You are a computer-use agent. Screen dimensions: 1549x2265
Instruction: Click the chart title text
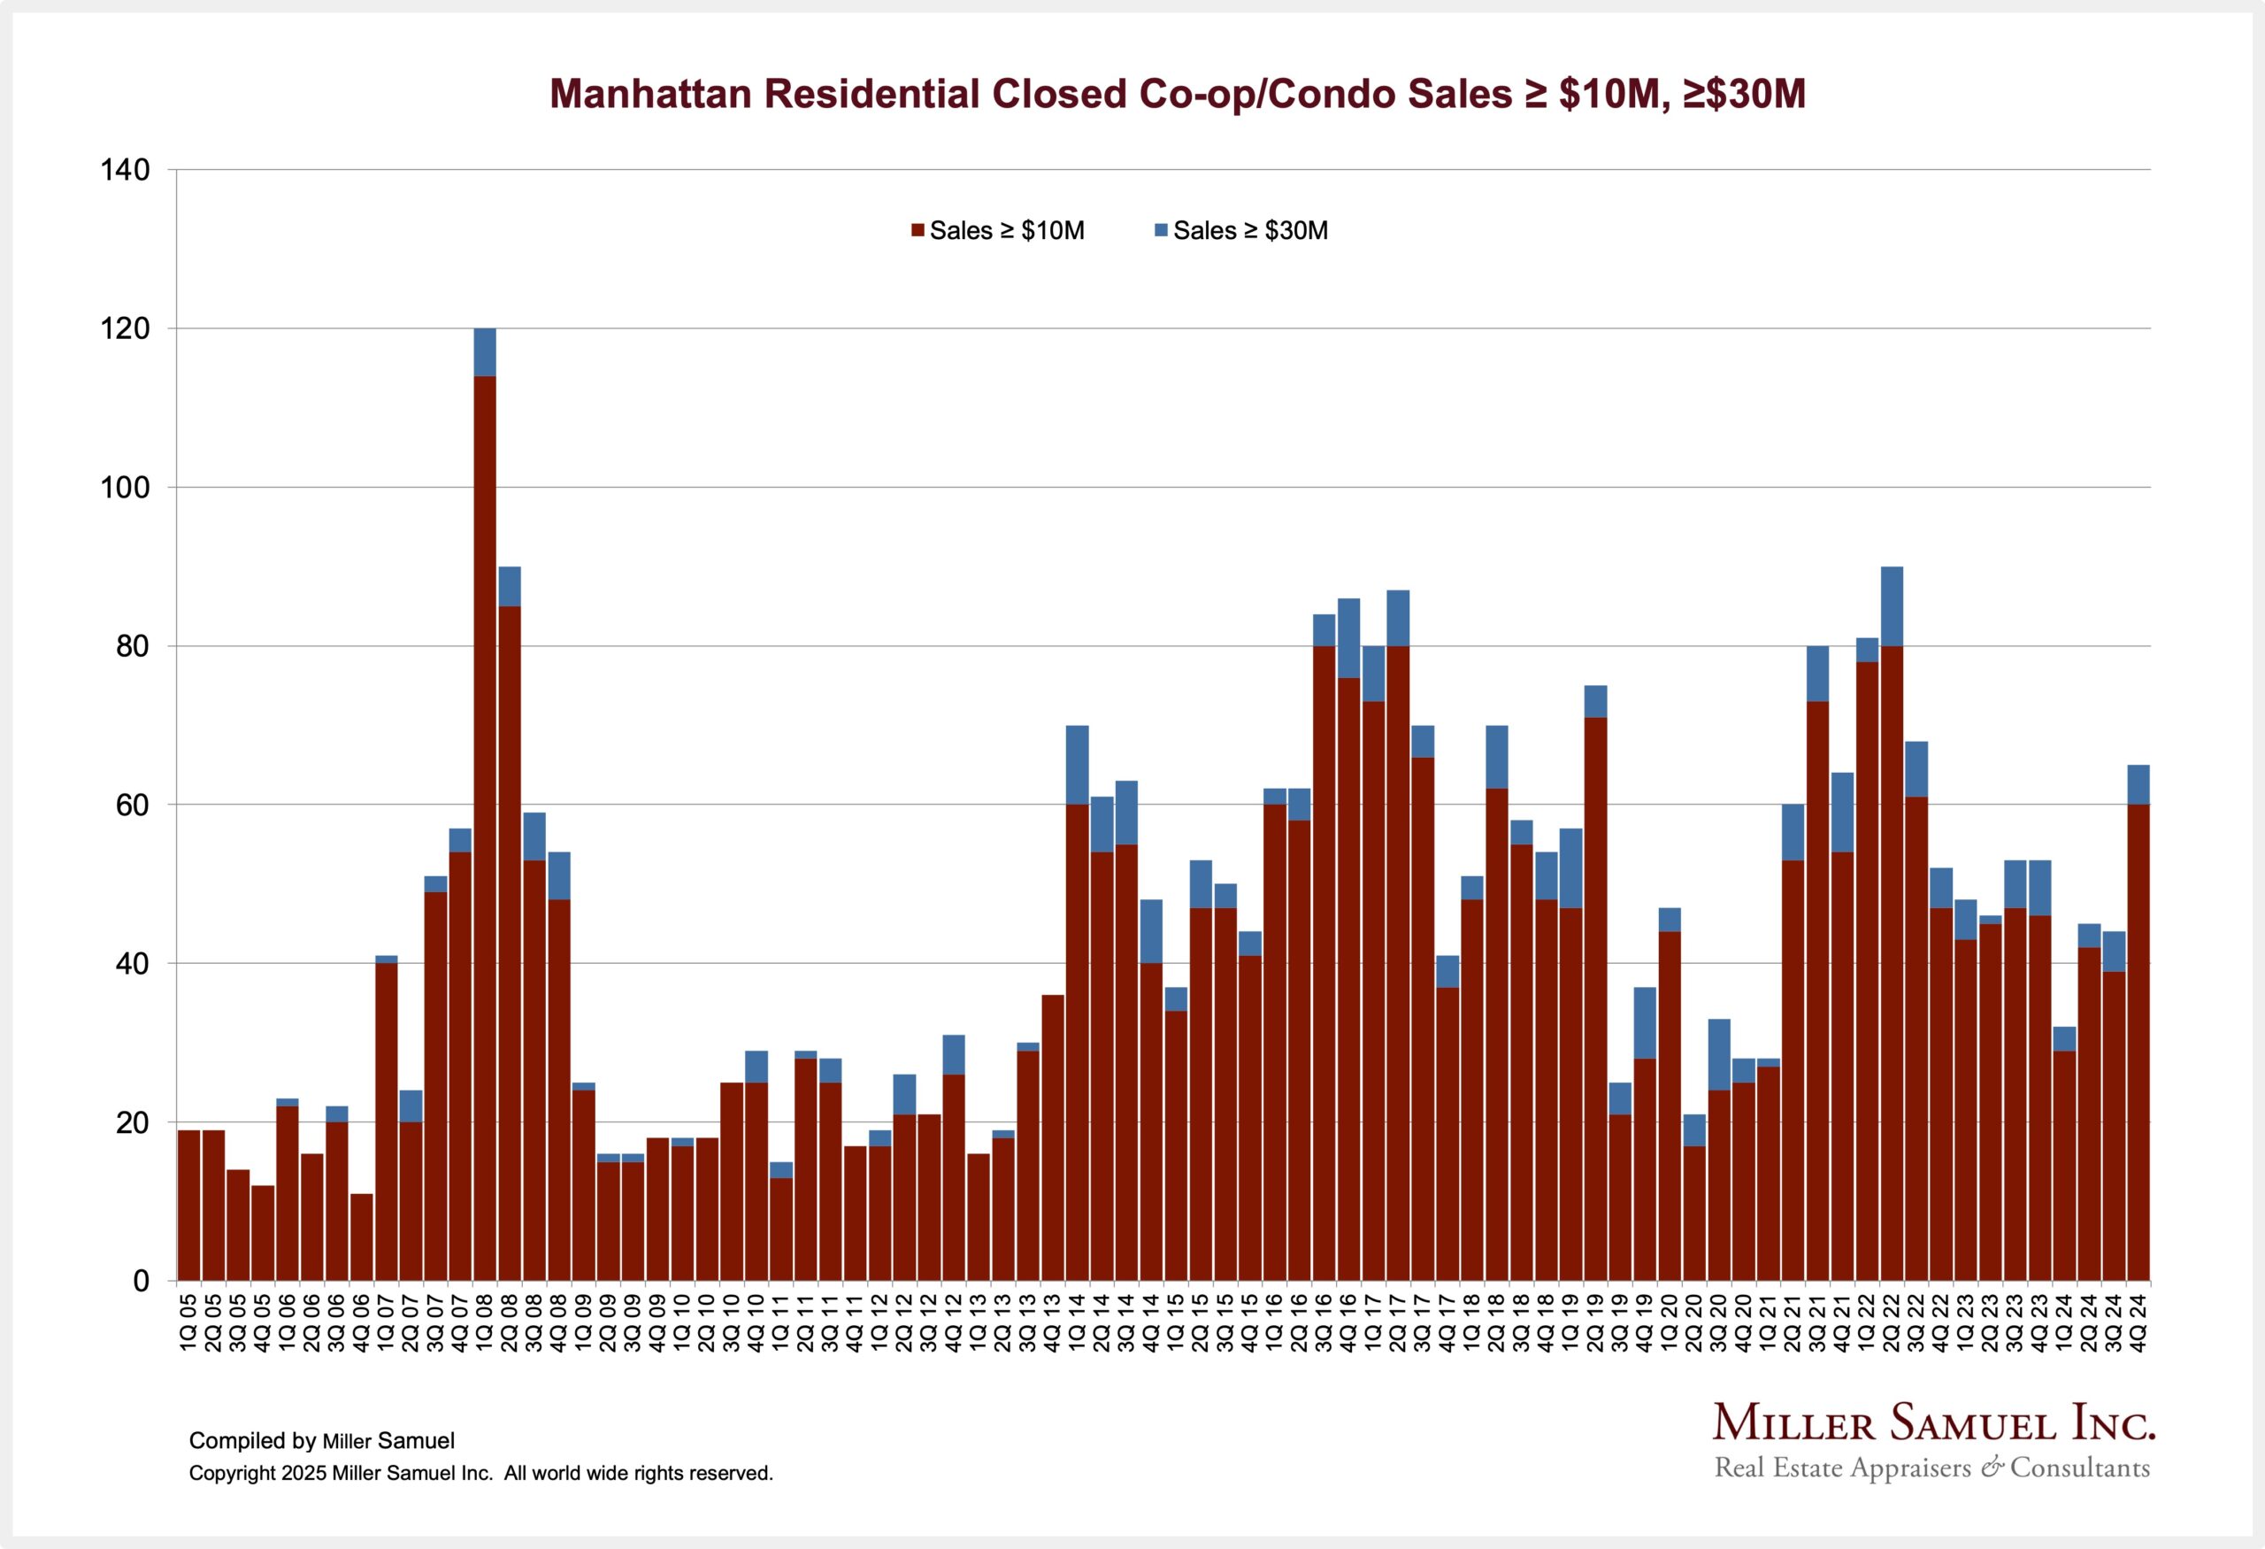pyautogui.click(x=1178, y=95)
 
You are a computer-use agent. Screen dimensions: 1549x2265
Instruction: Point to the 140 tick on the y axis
pyautogui.click(x=126, y=171)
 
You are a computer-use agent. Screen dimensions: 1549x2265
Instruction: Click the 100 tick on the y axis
pyautogui.click(x=126, y=488)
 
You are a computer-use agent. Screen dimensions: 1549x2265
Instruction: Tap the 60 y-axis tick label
pyautogui.click(x=133, y=805)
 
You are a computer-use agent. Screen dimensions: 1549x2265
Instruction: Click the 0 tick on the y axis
pyautogui.click(x=142, y=1281)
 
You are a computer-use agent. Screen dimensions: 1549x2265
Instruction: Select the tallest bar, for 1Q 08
pyautogui.click(x=484, y=828)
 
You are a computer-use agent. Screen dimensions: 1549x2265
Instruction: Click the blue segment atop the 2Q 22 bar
pyautogui.click(x=1892, y=605)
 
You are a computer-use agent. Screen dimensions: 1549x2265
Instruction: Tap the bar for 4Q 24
pyautogui.click(x=2138, y=1043)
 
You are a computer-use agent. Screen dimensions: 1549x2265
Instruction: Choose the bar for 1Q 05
pyautogui.click(x=189, y=1205)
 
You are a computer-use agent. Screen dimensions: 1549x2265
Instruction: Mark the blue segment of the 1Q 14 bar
pyautogui.click(x=1077, y=766)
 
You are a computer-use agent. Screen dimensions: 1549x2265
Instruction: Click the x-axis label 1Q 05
pyautogui.click(x=189, y=1322)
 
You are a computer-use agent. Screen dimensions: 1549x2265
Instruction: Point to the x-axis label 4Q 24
pyautogui.click(x=2138, y=1322)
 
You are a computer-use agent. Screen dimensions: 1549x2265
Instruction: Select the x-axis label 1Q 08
pyautogui.click(x=484, y=1322)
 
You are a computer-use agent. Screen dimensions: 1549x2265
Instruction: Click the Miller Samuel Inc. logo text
pyautogui.click(x=1933, y=1424)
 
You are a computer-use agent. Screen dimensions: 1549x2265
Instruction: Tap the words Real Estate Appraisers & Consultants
pyautogui.click(x=1931, y=1468)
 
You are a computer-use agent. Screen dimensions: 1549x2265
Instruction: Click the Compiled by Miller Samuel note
pyautogui.click(x=322, y=1441)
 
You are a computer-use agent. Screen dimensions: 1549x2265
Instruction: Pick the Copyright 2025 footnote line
pyautogui.click(x=480, y=1473)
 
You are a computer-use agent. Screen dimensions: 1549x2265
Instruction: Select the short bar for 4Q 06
pyautogui.click(x=362, y=1237)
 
